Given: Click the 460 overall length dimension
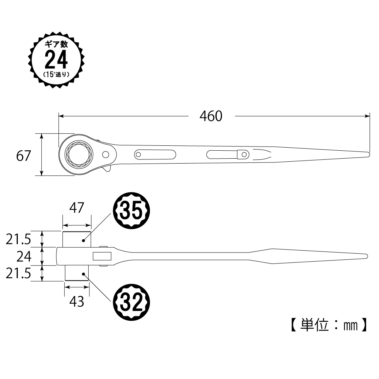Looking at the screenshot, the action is tap(211, 116).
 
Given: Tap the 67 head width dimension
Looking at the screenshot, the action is tap(23, 156).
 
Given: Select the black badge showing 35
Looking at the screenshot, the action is tap(132, 211).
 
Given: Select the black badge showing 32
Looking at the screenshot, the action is tap(132, 302).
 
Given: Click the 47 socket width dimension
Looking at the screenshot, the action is tap(76, 208).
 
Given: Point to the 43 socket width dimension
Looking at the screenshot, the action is tap(76, 301).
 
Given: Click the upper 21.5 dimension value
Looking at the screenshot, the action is tap(19, 240).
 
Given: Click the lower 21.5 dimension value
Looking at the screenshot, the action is tap(19, 274).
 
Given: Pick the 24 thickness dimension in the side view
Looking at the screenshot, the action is tap(24, 257).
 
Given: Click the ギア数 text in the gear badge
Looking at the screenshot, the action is tap(56, 44).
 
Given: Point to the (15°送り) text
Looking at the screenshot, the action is tap(56, 74).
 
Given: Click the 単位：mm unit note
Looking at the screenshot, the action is tap(329, 325).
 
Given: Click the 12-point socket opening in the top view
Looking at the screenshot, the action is tap(80, 154).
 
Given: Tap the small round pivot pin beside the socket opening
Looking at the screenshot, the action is tap(106, 154).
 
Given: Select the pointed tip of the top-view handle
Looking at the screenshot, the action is tap(369, 154).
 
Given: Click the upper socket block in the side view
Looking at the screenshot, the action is tap(77, 239).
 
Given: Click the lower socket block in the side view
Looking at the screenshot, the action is tap(77, 273).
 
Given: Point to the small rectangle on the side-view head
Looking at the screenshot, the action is tap(102, 256).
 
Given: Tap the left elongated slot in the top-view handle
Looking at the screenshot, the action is tap(155, 154).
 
